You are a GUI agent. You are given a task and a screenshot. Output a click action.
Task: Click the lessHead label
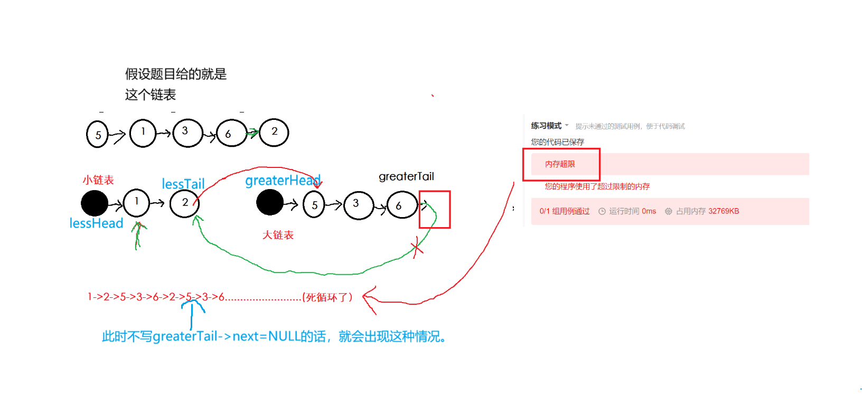(x=96, y=223)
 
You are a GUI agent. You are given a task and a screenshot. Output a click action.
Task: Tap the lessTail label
(x=183, y=184)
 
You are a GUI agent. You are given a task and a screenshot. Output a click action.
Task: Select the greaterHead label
(x=283, y=181)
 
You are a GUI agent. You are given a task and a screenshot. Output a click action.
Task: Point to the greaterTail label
(x=406, y=176)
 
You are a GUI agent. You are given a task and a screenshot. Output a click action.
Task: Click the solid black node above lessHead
(x=95, y=203)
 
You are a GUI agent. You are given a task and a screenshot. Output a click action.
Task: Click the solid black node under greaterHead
(x=270, y=203)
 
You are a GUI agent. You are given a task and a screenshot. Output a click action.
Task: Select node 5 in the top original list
(x=97, y=134)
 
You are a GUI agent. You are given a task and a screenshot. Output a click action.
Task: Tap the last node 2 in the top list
(x=274, y=132)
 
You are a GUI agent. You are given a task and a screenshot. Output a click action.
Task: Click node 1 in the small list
(x=136, y=203)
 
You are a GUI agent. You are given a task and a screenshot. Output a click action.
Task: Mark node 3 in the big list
(x=358, y=205)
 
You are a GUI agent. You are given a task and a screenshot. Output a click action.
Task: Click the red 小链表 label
(x=98, y=180)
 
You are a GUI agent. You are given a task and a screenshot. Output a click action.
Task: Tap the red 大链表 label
(x=278, y=235)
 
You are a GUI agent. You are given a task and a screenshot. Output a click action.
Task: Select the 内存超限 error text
(x=560, y=164)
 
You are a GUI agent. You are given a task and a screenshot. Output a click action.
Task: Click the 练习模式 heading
(x=546, y=126)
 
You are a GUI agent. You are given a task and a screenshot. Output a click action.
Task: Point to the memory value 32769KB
(x=724, y=211)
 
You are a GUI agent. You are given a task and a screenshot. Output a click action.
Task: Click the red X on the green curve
(x=417, y=247)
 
